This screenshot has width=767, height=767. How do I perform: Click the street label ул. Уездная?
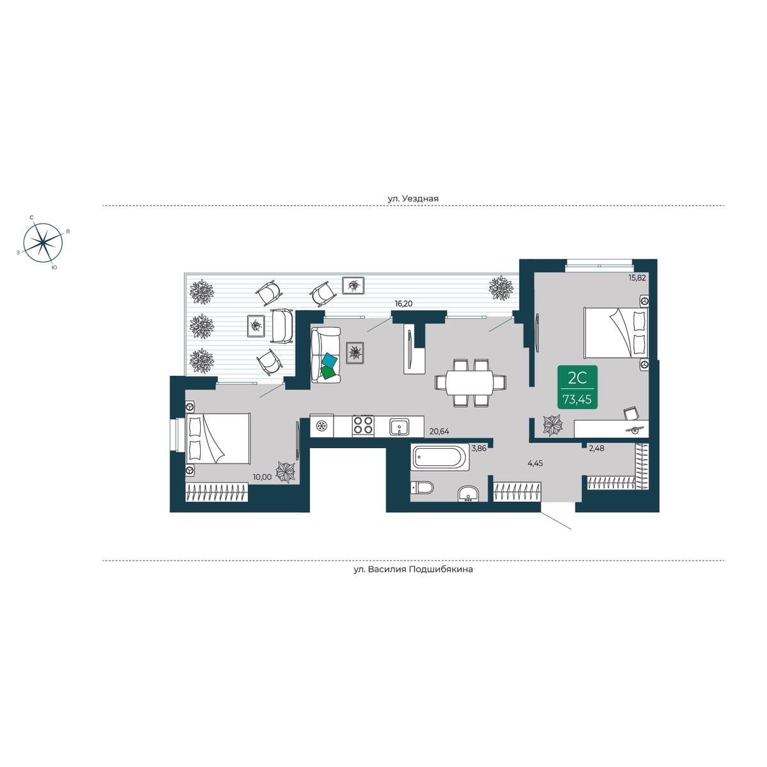[413, 198]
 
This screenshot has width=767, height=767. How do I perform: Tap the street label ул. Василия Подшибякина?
[413, 569]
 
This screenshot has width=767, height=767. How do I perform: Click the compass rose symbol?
[43, 242]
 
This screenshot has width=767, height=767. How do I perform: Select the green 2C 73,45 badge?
[577, 387]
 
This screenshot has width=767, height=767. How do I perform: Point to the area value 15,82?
[637, 278]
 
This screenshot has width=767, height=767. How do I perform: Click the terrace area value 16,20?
[403, 304]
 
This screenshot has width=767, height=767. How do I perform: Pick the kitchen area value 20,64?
[439, 431]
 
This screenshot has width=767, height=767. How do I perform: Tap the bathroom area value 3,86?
[479, 448]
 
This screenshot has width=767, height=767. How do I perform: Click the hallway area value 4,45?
[536, 463]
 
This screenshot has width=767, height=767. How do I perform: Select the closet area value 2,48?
[596, 448]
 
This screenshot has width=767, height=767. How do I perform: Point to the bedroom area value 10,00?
[262, 477]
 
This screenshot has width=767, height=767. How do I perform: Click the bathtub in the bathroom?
[440, 457]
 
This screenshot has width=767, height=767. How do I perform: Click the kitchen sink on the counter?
[399, 427]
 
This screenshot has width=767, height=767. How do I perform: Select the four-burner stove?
[362, 426]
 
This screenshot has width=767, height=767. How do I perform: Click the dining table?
[470, 382]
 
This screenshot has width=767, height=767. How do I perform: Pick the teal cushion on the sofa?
[330, 360]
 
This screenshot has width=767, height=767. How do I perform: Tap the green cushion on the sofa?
[329, 373]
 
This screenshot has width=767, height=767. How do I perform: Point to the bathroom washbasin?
[469, 494]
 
